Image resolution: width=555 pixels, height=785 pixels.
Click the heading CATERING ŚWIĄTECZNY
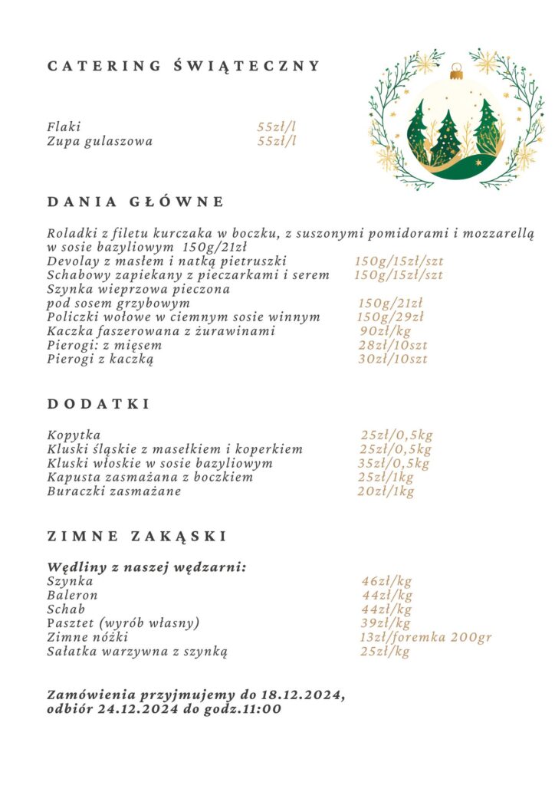tap(183, 67)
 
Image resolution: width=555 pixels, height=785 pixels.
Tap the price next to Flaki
tap(276, 127)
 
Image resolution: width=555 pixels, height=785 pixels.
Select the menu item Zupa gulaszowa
tap(100, 141)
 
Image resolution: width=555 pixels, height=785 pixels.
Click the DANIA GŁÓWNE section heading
tap(136, 202)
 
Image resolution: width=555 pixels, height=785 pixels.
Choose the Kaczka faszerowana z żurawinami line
tap(161, 331)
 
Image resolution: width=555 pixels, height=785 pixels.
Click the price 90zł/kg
tap(385, 331)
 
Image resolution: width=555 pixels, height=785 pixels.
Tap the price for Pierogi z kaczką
tap(392, 359)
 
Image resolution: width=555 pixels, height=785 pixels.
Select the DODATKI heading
tap(99, 404)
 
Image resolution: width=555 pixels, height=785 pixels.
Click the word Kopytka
tap(74, 435)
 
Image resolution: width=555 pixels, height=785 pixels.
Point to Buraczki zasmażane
tap(114, 491)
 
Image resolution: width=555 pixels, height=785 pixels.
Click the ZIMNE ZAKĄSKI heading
tap(137, 536)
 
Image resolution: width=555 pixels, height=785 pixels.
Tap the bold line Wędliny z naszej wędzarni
tap(146, 567)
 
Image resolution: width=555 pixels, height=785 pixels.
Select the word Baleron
tap(72, 596)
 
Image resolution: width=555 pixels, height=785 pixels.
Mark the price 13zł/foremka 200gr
tap(425, 637)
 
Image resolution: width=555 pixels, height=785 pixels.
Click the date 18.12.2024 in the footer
tap(302, 695)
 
